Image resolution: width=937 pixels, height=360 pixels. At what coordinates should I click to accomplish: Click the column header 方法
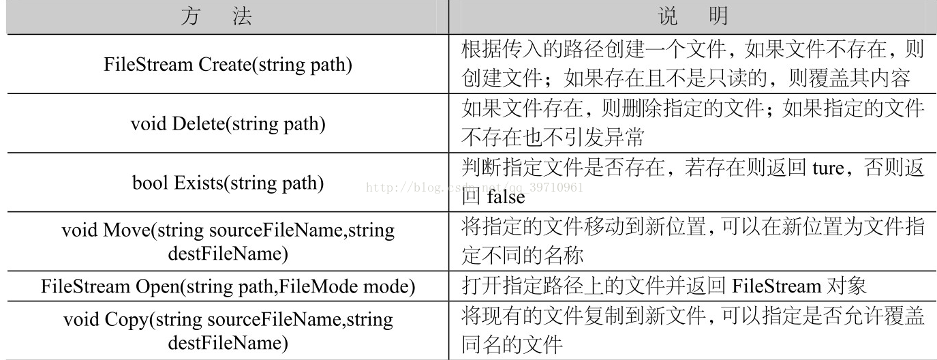click(x=216, y=16)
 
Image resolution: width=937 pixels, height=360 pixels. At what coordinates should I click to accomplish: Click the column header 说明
click(x=692, y=16)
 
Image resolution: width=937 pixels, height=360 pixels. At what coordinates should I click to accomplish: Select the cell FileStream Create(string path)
click(x=228, y=65)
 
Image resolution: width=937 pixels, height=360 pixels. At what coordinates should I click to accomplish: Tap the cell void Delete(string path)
click(x=228, y=124)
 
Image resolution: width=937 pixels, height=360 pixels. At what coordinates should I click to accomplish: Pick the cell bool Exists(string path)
click(x=228, y=183)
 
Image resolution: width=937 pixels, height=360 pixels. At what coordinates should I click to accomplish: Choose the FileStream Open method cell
click(x=228, y=286)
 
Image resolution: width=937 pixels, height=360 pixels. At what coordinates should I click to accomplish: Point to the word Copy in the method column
click(x=124, y=319)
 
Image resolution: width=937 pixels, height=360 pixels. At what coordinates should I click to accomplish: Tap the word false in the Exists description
click(x=506, y=197)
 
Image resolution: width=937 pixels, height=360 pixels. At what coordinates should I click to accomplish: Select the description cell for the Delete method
click(x=692, y=123)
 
